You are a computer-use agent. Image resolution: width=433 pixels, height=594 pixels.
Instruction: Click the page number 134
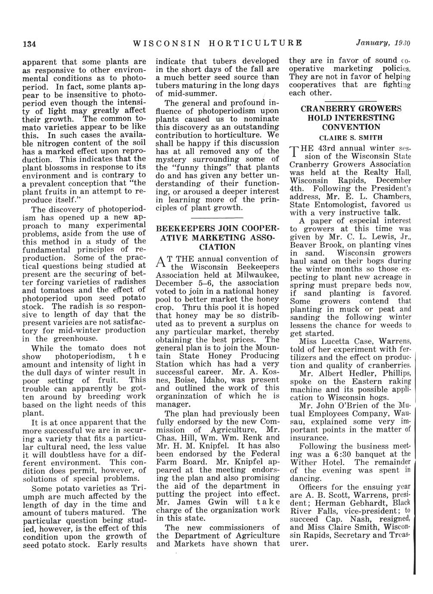pos(29,44)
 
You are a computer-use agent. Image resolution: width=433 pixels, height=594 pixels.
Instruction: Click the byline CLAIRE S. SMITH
pos(350,137)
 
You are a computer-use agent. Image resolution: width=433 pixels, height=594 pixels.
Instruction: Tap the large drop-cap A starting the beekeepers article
pos(160,262)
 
